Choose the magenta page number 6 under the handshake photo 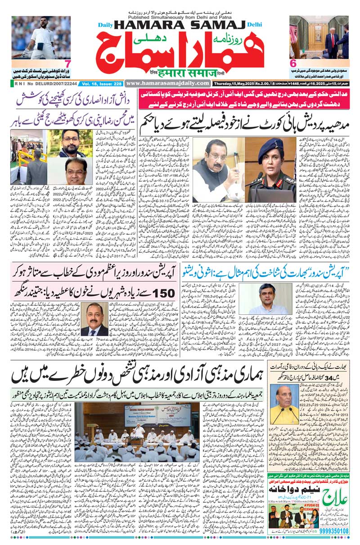[292, 63]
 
